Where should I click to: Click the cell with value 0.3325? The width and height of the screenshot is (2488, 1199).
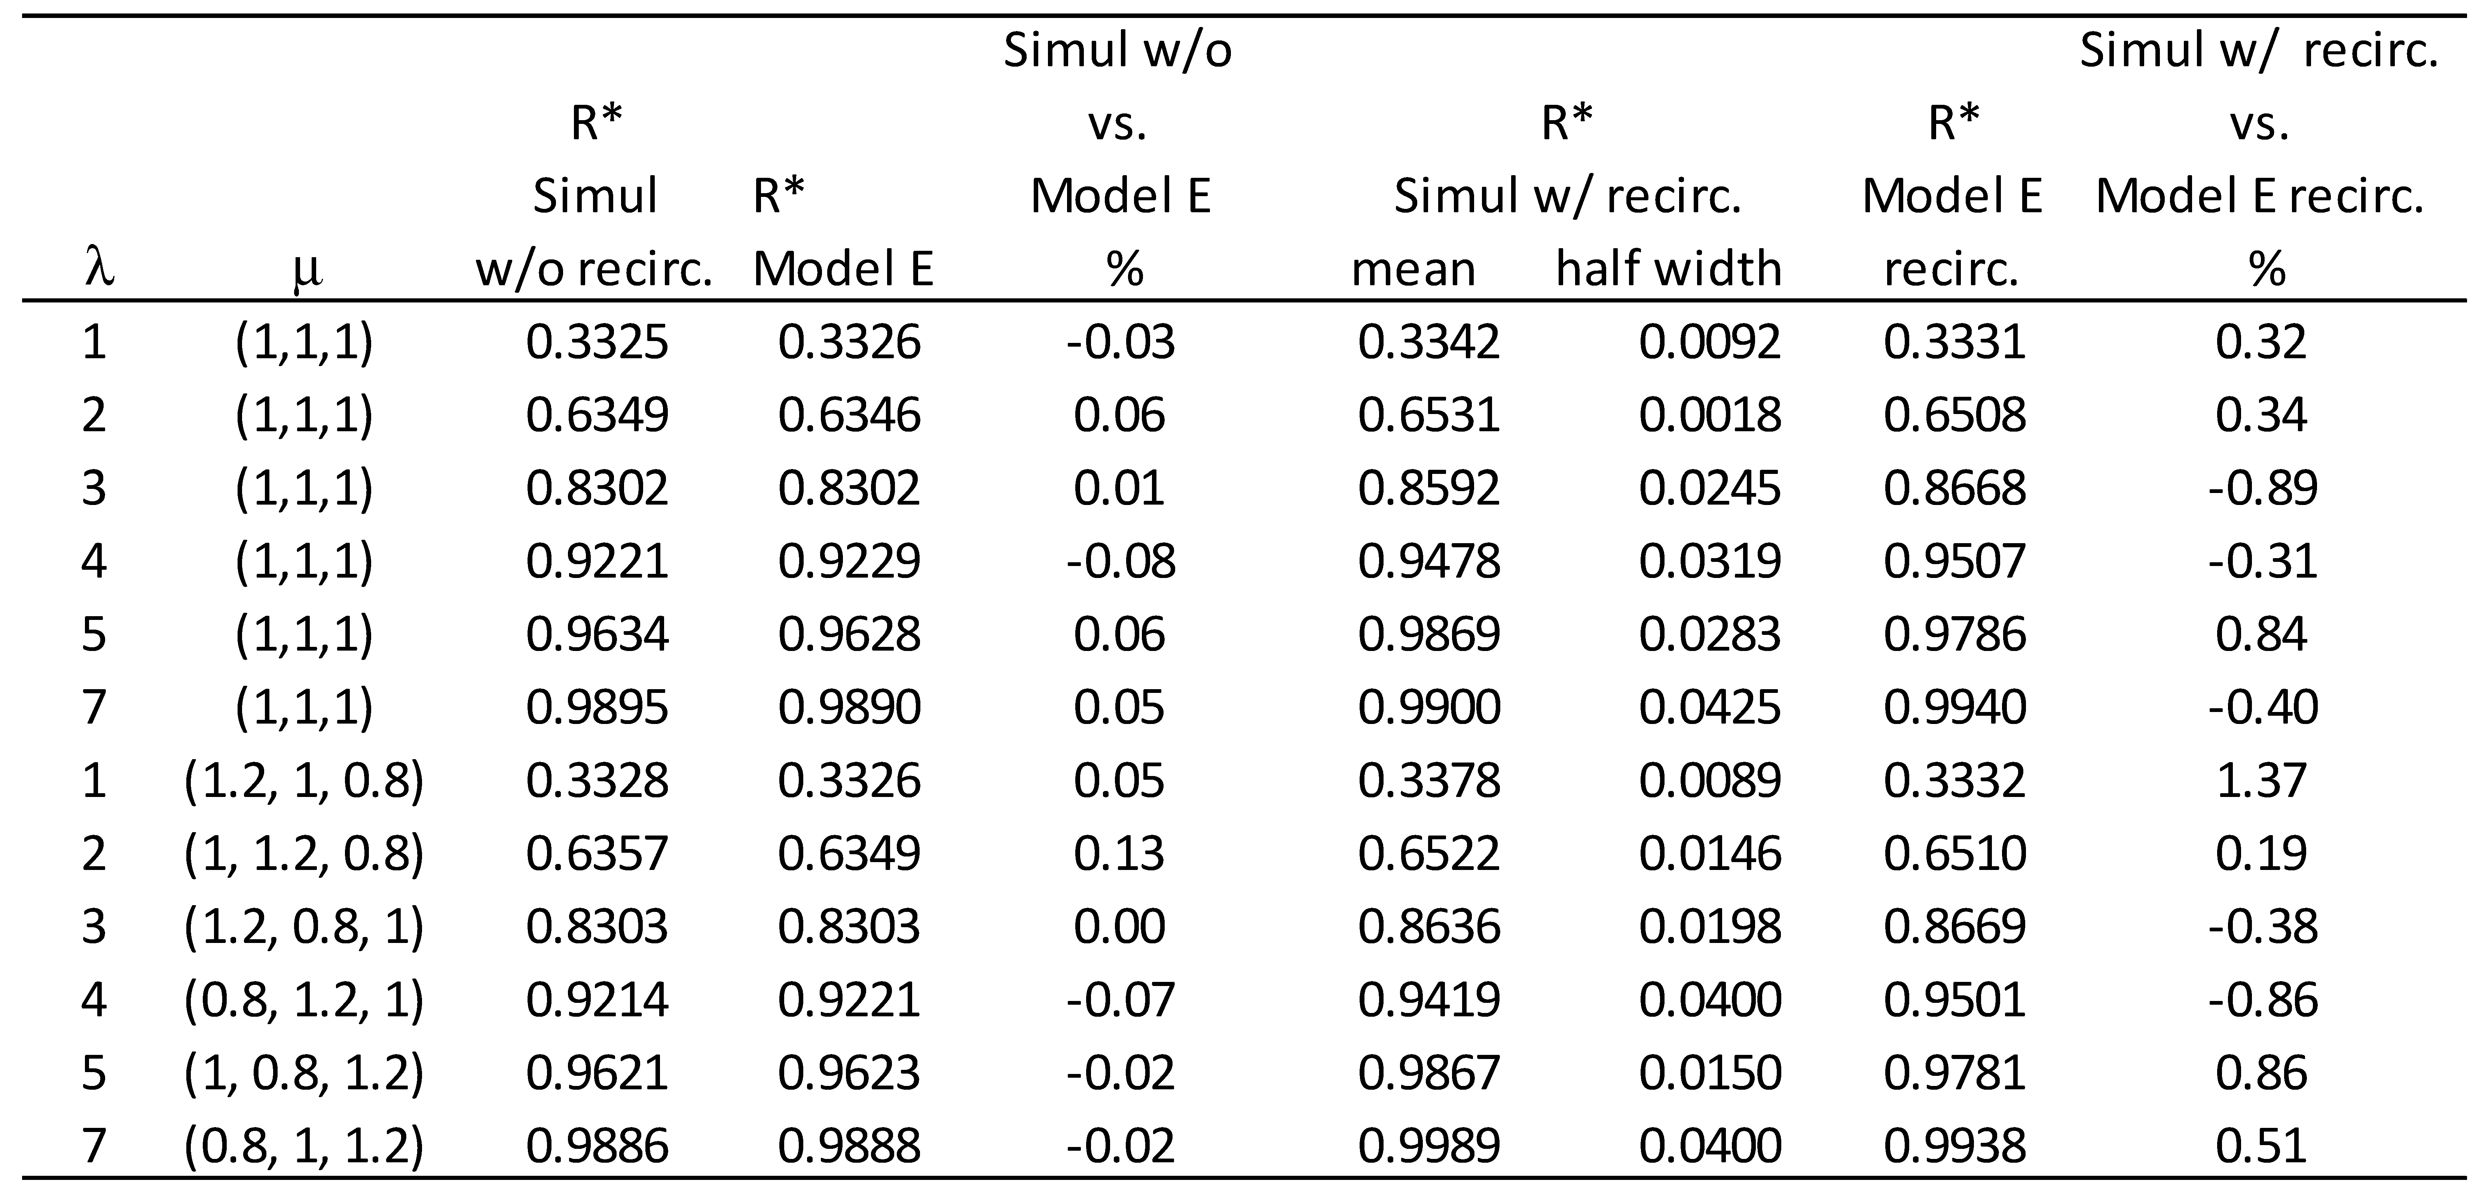[x=597, y=342]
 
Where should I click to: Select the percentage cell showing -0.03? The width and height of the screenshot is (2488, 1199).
[x=1121, y=342]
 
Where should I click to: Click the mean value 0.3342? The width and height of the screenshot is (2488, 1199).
[x=1428, y=342]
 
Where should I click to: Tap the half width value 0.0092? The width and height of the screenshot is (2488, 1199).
[x=1709, y=342]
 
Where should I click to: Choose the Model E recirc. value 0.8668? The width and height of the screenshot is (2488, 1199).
[x=1954, y=488]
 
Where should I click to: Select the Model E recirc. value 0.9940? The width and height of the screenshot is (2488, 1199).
[x=1954, y=707]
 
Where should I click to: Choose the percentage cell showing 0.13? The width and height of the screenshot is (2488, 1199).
[x=1121, y=853]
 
